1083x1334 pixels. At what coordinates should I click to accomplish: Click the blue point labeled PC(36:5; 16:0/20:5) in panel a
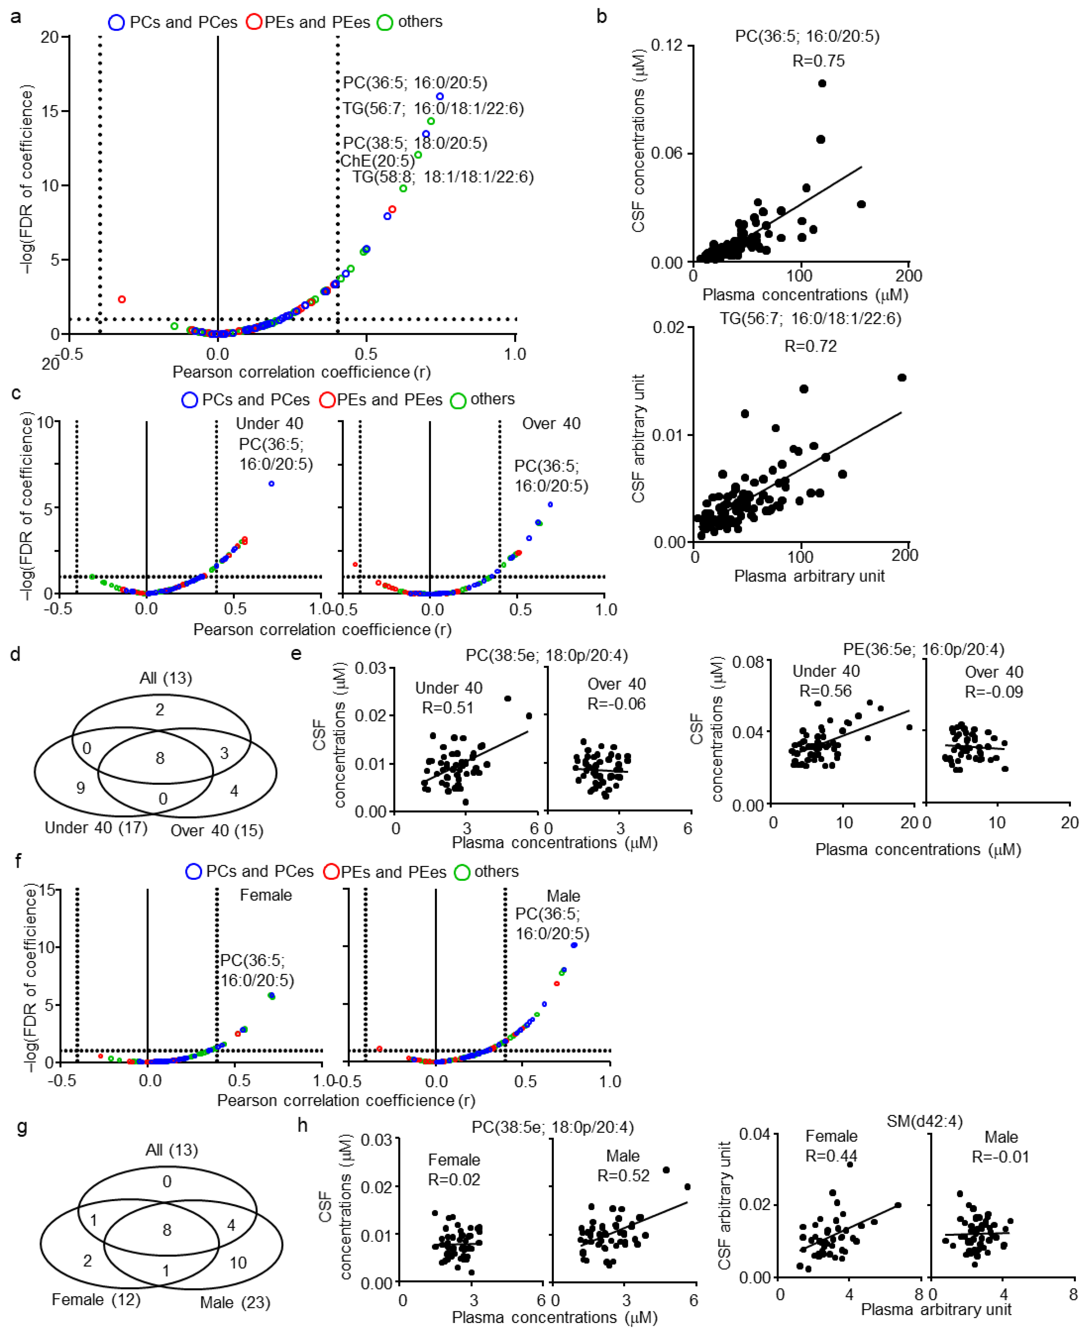pos(440,96)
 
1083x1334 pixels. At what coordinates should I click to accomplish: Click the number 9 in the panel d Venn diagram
pos(80,788)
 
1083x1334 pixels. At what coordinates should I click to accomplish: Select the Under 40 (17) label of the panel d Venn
pos(96,828)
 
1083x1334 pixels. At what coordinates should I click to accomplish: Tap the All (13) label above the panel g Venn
pos(172,1150)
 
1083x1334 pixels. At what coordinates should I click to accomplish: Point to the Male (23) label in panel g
pos(235,1303)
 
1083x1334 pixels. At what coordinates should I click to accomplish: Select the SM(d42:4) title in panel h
pos(925,1122)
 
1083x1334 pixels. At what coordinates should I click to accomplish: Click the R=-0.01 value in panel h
pos(1000,1157)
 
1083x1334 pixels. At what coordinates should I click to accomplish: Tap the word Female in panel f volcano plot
pos(266,896)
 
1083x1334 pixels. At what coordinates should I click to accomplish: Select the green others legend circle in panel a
pos(385,22)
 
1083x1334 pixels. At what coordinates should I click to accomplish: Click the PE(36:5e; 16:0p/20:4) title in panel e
pos(923,649)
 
